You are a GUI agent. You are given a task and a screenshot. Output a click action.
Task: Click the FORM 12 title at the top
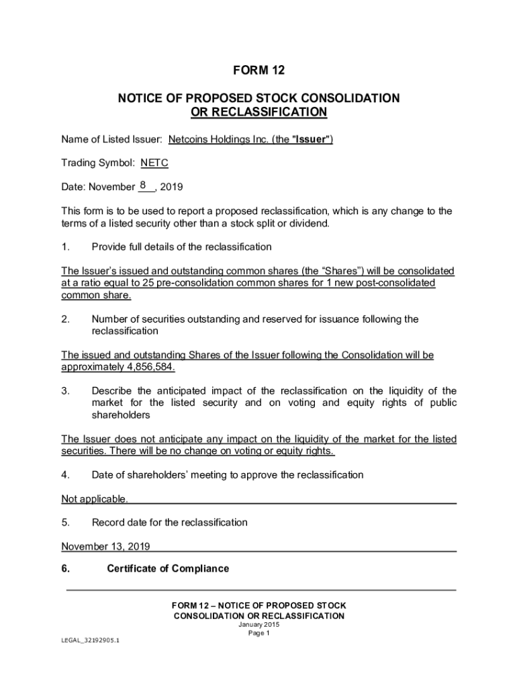(x=258, y=70)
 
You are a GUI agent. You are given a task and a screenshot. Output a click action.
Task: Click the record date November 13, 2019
(x=105, y=546)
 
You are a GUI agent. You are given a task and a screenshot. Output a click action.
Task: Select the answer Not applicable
(x=94, y=499)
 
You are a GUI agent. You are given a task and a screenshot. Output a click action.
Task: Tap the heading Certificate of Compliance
(x=168, y=569)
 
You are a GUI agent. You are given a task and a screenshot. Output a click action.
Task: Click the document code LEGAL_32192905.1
(x=85, y=640)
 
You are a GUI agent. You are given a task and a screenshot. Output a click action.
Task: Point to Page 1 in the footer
(x=258, y=633)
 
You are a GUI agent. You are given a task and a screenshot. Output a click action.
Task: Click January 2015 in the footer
(x=258, y=624)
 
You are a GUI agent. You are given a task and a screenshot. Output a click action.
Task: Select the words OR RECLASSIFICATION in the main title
(x=258, y=112)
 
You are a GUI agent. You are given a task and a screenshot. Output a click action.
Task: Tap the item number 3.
(x=65, y=391)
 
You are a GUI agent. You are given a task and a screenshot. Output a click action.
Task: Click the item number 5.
(x=65, y=522)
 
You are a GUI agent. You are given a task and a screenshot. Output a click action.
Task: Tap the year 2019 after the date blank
(x=172, y=187)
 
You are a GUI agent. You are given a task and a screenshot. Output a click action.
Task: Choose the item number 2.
(x=65, y=319)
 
